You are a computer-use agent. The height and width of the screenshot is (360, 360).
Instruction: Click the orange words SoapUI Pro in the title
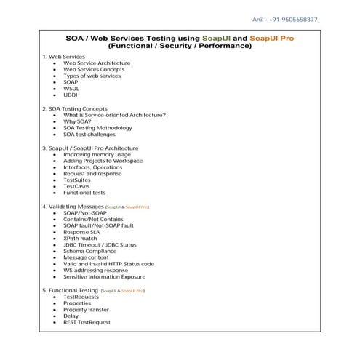point(271,37)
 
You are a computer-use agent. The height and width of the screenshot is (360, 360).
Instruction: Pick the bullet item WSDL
point(71,88)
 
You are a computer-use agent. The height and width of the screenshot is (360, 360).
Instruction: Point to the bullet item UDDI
point(70,95)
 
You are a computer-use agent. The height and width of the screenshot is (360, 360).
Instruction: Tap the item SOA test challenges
point(89,135)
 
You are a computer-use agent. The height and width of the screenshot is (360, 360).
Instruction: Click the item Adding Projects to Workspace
point(103,161)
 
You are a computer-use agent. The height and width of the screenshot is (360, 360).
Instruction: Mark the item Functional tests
point(84,193)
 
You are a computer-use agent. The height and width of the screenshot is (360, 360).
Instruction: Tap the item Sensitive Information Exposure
point(104,276)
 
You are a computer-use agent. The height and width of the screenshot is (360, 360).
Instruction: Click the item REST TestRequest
point(87,322)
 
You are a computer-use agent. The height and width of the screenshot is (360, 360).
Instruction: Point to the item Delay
point(71,316)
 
